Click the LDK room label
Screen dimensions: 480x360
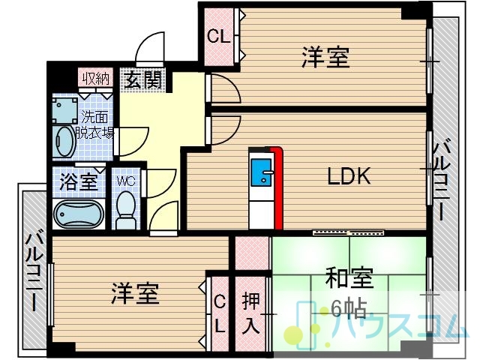pos(349,176)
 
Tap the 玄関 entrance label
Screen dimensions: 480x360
pos(143,80)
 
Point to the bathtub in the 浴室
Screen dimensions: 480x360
pos(79,214)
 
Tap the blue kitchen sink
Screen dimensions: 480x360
pos(261,172)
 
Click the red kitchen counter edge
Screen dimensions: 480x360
pos(277,187)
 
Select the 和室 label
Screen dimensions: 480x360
pos(349,278)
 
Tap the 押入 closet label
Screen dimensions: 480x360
pos(250,313)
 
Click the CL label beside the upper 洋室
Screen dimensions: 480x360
pos(218,37)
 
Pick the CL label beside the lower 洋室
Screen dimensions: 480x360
pos(220,315)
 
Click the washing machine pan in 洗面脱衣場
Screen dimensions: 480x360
pos(64,109)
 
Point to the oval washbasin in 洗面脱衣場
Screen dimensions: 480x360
pos(64,142)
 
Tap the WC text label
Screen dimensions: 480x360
pos(126,181)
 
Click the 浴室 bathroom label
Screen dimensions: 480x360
pos(79,181)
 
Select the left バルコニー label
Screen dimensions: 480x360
pos(35,270)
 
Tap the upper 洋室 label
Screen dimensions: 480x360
pos(325,57)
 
